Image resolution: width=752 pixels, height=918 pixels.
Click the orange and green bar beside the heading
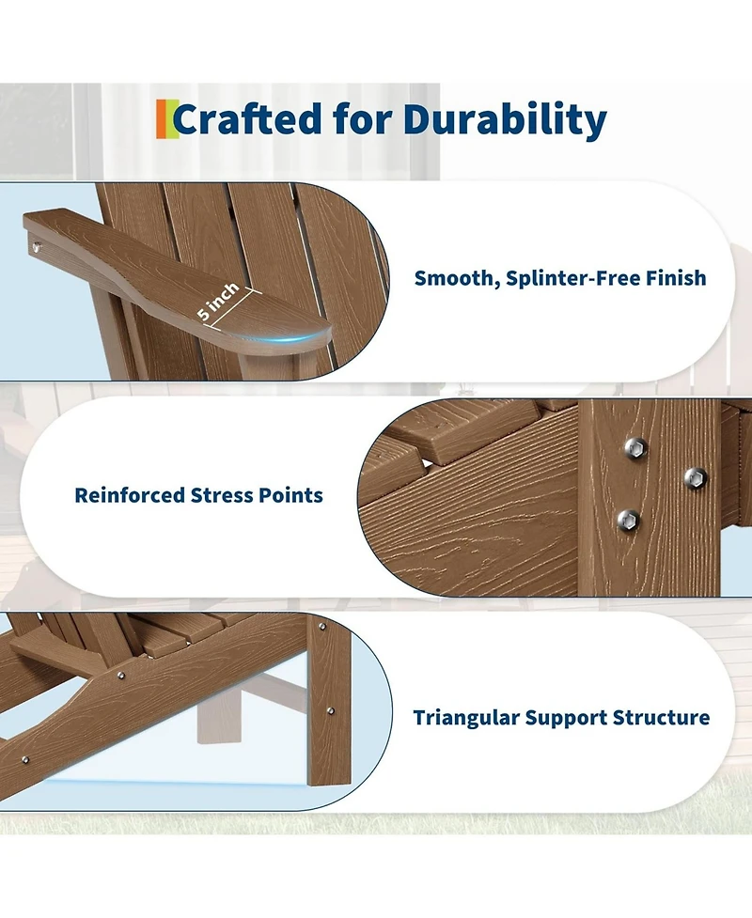tap(165, 118)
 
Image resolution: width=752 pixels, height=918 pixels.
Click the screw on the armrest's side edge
tap(37, 247)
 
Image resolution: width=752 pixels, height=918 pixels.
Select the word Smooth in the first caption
tap(454, 278)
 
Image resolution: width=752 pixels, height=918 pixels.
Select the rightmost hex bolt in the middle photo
tap(694, 476)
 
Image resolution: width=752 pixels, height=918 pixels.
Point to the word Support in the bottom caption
tap(567, 718)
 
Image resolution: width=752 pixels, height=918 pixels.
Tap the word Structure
tap(665, 718)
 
